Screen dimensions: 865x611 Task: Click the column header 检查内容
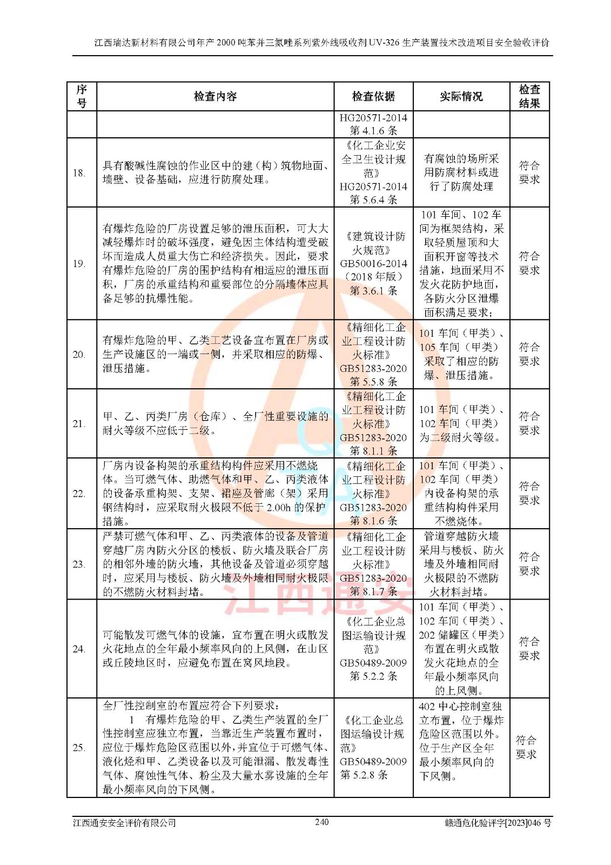[215, 97]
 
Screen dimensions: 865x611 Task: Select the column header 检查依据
[373, 97]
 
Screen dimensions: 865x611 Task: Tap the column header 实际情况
[461, 97]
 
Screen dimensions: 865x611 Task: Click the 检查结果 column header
[529, 97]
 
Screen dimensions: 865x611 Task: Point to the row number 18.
[79, 173]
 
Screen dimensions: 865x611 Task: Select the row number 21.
[79, 424]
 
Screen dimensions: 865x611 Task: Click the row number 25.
[79, 748]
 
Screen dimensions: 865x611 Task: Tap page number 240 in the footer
[321, 822]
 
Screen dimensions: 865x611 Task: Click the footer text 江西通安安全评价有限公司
[125, 823]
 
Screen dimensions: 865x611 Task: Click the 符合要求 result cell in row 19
[529, 263]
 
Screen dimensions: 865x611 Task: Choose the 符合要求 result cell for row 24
[529, 649]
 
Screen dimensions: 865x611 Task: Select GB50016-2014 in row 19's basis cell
[373, 264]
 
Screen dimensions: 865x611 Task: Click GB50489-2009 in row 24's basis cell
[373, 663]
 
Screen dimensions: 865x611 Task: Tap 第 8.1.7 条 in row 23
[373, 591]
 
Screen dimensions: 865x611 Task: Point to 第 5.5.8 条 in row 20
[373, 382]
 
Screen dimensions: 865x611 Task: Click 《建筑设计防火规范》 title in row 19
[373, 243]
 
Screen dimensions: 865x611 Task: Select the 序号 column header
[82, 97]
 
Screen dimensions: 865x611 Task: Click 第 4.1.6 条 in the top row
[373, 130]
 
